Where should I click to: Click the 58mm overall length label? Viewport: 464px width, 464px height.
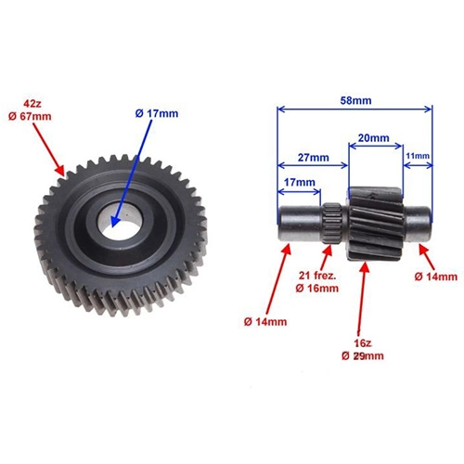[x=355, y=100]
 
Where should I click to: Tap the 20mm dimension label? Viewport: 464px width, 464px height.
[x=373, y=138]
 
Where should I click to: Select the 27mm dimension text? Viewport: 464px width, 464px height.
[x=314, y=158]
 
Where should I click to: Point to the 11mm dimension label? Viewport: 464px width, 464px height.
[x=418, y=156]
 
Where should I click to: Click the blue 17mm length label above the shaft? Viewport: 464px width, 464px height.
[x=300, y=182]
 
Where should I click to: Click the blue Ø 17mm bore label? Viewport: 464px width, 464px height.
[x=157, y=113]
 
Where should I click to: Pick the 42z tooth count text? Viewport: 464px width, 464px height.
[x=32, y=104]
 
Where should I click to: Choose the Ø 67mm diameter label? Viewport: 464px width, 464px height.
[x=30, y=117]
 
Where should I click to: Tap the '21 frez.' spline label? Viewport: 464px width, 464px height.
[x=317, y=276]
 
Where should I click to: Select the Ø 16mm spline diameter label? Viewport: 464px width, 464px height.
[x=317, y=289]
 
